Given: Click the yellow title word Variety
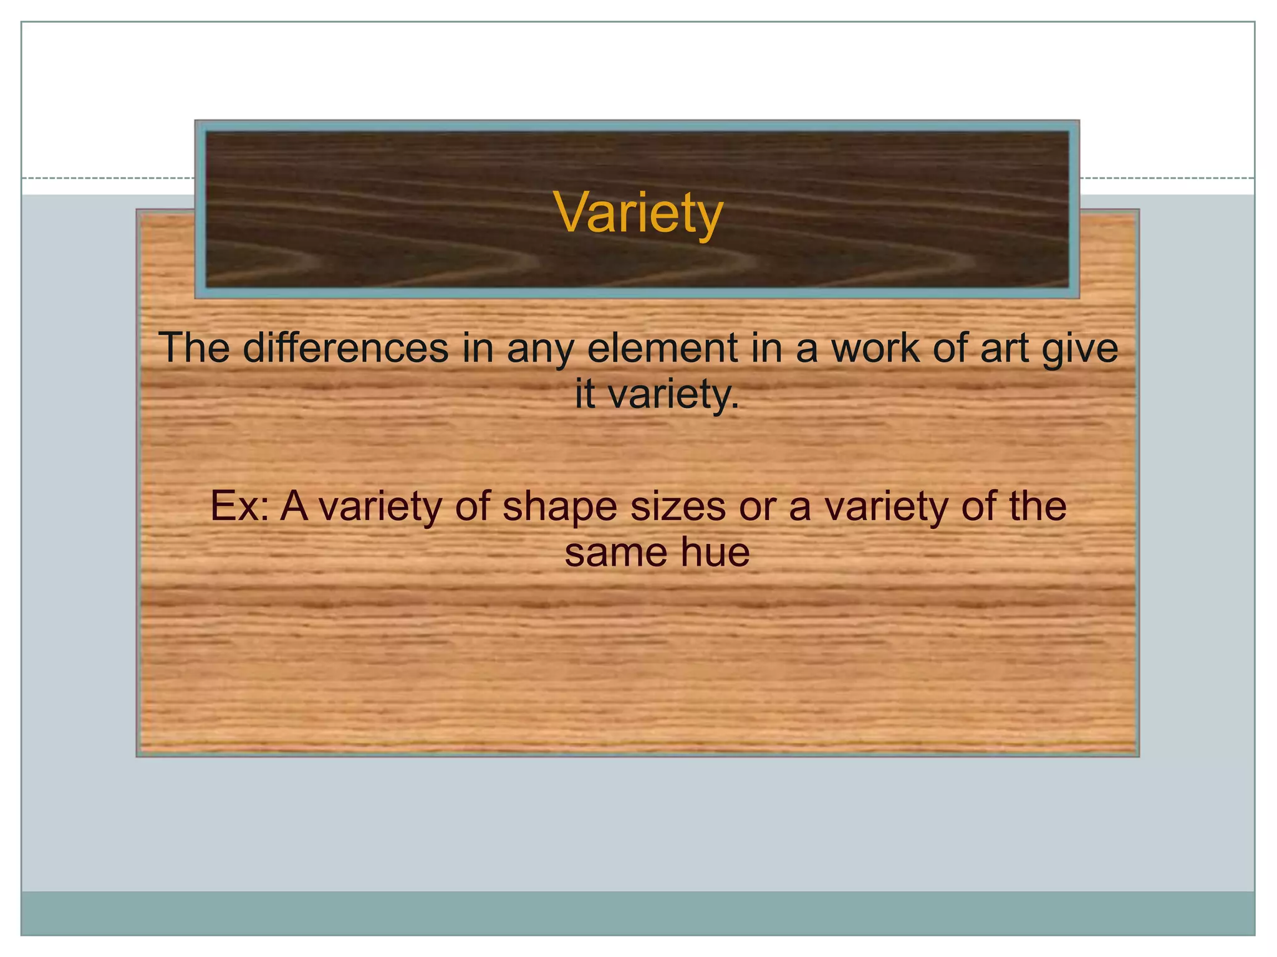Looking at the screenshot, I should pos(638,213).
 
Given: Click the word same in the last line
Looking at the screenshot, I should pos(613,552).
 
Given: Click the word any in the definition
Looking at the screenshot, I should pos(540,349).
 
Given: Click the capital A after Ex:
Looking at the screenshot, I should pos(294,506).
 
